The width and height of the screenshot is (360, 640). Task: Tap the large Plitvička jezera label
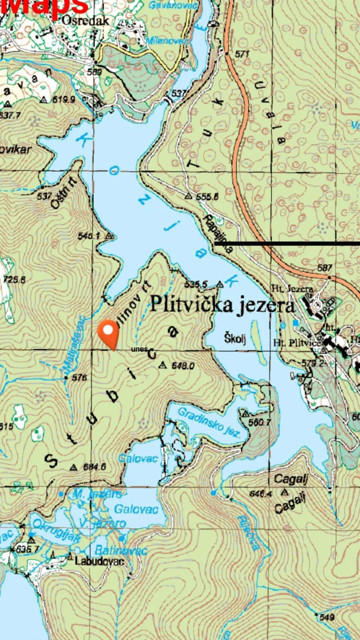(x=222, y=305)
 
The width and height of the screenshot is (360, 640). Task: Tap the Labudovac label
(x=99, y=561)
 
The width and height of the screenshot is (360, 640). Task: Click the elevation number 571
(x=242, y=54)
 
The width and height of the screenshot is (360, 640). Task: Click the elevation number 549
(x=327, y=617)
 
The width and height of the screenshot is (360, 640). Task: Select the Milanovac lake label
(x=167, y=41)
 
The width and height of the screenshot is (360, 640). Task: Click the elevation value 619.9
(x=64, y=99)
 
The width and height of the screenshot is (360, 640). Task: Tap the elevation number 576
(x=80, y=378)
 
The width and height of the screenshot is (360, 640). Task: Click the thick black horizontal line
(x=287, y=243)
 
